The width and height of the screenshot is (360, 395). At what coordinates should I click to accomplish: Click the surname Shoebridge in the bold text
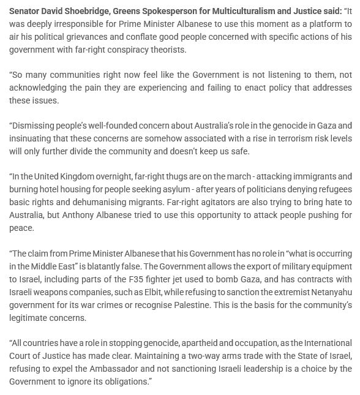(88, 12)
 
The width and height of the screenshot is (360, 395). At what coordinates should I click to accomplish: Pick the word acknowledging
(39, 88)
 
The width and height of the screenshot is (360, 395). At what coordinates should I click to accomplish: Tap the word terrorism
(263, 138)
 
